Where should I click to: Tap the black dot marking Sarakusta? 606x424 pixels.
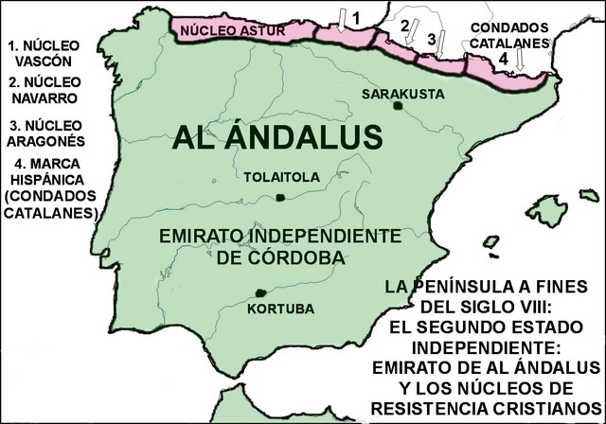click(x=397, y=105)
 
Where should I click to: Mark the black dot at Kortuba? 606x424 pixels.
click(x=259, y=293)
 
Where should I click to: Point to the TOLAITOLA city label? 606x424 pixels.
click(x=276, y=176)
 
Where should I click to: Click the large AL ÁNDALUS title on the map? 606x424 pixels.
click(x=278, y=136)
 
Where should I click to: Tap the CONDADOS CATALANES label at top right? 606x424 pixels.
click(x=508, y=36)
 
